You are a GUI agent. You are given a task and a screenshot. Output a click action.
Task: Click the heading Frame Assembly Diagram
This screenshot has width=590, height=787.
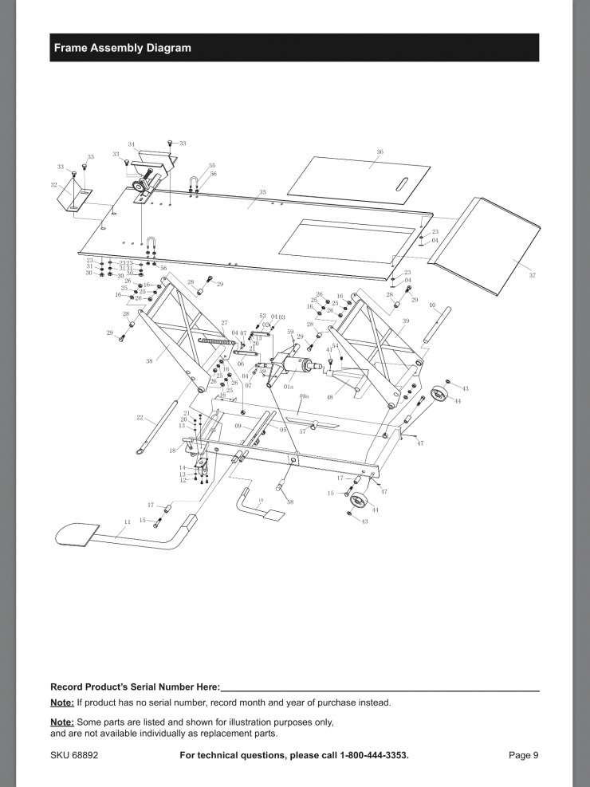122,48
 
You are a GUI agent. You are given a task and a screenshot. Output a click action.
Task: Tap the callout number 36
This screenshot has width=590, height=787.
380,151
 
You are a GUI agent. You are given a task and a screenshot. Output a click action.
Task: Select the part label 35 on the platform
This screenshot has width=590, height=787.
262,192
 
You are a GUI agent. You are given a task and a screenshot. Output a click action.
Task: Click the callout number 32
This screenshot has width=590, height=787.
53,184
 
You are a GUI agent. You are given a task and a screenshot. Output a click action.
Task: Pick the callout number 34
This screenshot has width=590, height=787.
132,145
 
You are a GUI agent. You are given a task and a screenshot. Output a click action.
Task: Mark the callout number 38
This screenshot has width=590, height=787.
149,360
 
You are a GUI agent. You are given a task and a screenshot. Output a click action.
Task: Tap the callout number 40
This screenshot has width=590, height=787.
431,305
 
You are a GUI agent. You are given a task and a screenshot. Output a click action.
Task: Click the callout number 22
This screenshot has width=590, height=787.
140,417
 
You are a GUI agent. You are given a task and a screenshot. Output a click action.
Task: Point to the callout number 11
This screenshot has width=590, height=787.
126,521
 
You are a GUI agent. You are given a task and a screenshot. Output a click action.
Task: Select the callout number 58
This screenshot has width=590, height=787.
290,502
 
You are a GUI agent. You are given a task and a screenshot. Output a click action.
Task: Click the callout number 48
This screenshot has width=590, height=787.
329,397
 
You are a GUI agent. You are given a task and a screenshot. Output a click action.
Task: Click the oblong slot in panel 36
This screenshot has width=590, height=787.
405,182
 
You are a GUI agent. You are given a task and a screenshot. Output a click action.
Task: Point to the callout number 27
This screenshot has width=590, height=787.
224,323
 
